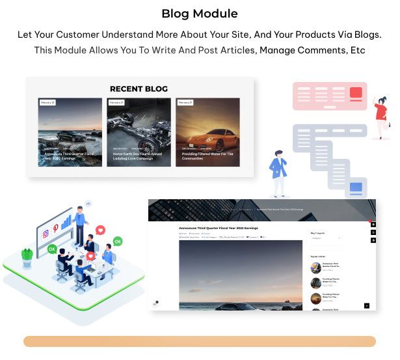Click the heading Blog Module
click(x=200, y=14)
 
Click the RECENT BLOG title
click(x=139, y=89)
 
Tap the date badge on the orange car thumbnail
click(x=185, y=103)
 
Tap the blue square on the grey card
click(x=356, y=188)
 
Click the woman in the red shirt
click(x=381, y=117)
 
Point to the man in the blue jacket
click(x=279, y=171)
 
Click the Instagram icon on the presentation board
click(x=46, y=234)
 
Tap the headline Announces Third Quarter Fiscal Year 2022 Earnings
click(x=219, y=228)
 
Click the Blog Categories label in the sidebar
click(x=318, y=232)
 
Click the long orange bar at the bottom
click(x=200, y=342)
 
